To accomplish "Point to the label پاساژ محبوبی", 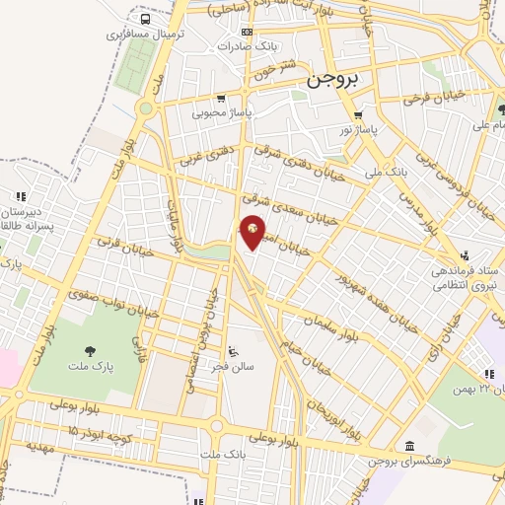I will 220,113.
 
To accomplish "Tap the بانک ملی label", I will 386,173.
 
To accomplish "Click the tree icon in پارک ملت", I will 91,350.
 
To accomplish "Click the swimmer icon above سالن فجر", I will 233,352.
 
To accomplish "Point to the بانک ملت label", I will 222,454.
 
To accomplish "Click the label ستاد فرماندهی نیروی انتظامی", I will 461,276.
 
